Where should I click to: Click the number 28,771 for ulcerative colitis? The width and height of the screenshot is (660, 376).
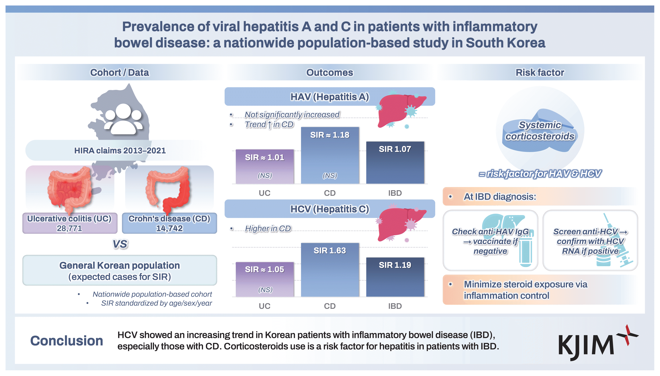70,228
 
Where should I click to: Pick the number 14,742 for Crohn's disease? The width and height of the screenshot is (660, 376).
169,228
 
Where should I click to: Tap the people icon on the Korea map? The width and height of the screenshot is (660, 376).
123,119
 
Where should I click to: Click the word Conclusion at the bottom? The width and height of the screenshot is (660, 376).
67,341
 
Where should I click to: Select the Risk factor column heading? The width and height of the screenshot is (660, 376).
540,73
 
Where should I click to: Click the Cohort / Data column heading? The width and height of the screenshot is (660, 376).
120,73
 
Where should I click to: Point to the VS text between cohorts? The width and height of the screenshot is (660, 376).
120,244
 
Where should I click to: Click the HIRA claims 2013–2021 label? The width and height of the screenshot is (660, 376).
120,151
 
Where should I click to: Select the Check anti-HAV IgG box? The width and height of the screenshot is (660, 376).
490,241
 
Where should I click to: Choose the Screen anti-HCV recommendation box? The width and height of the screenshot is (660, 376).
590,241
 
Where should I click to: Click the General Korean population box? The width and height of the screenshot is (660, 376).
120,271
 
